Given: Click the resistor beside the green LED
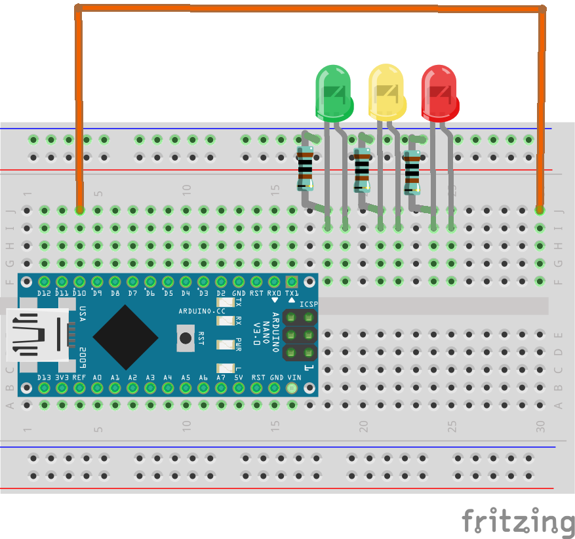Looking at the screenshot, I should (304, 168).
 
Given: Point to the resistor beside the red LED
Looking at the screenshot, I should (412, 172).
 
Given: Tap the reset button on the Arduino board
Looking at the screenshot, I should (186, 338).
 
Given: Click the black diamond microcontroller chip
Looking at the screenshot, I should (125, 336).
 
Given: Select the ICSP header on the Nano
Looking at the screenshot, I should (299, 335).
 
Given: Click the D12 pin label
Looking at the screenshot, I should (44, 293).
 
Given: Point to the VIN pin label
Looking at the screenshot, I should (292, 378).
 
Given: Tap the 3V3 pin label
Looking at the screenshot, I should (62, 378).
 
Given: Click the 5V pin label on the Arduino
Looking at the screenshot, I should (239, 378).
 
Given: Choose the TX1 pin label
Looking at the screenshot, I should (292, 293).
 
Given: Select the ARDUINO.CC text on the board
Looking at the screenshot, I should (202, 309).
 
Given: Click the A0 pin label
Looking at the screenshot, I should (97, 378).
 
